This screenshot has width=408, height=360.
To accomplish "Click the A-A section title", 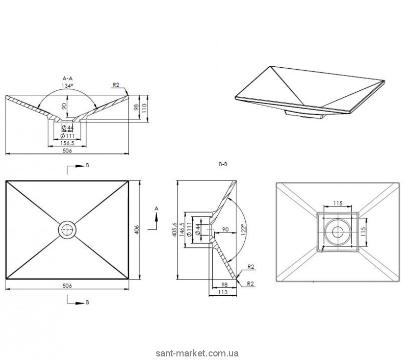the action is (67, 79).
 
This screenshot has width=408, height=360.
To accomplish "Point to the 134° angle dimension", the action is (67, 86).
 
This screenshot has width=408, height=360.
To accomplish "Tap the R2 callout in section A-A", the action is (116, 85).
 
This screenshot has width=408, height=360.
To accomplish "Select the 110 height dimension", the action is (144, 108).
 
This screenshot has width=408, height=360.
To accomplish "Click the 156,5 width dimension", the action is (67, 143).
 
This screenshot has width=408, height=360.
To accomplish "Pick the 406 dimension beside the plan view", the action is (137, 229).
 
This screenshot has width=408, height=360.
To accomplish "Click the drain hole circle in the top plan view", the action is (67, 229).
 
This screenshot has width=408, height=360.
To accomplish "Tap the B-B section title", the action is (223, 164).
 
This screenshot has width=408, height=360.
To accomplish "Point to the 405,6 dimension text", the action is (174, 229).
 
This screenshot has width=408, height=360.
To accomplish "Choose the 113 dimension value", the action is (223, 292).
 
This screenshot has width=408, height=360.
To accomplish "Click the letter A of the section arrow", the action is (157, 209).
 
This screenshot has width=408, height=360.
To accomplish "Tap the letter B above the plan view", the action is (87, 165).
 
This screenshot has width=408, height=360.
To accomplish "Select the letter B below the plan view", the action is (87, 302).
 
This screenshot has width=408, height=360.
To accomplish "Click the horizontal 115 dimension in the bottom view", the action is (338, 203).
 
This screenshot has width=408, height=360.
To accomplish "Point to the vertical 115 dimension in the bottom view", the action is (363, 232).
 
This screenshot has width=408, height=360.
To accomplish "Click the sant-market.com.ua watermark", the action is (197, 353).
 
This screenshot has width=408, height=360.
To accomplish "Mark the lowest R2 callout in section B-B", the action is (250, 284).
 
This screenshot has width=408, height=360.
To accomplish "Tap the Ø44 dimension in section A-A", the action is (68, 127).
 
